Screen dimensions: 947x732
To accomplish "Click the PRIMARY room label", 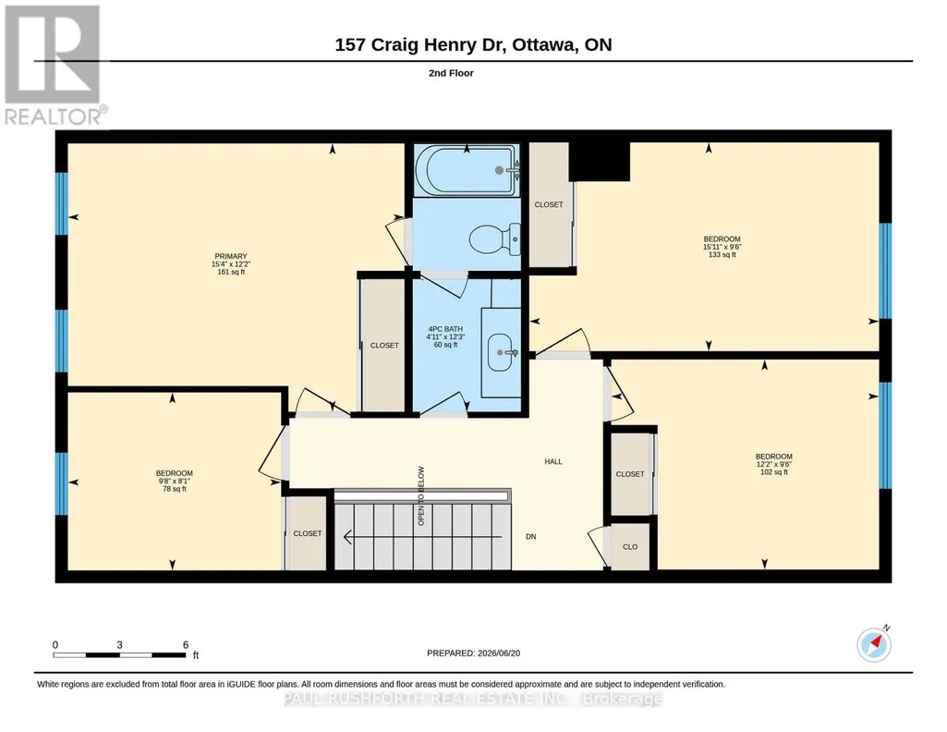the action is tap(231, 256).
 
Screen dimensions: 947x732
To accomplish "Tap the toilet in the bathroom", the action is tap(494, 239).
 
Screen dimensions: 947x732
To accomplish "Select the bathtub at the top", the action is tap(467, 170).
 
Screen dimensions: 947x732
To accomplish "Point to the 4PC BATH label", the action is tap(445, 329).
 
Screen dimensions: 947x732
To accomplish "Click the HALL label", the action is tap(553, 461).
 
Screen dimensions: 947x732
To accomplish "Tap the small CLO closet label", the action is tap(630, 546).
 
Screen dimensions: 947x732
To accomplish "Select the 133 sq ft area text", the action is tap(722, 255).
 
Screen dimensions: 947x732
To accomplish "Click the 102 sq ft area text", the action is tap(774, 472).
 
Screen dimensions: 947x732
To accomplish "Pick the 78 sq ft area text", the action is tap(175, 489).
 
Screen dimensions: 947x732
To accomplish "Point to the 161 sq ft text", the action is tap(231, 272).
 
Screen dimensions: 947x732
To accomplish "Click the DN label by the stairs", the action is tap(531, 536).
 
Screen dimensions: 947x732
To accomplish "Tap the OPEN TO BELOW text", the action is tap(421, 495).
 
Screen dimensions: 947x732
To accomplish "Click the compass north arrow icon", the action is tap(874, 644).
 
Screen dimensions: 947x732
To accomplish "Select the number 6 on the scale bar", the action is tap(186, 644).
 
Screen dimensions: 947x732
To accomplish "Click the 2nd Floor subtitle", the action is tap(451, 73).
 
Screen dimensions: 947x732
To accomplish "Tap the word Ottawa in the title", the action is tap(543, 44).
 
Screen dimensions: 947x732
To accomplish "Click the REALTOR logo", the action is tap(55, 66).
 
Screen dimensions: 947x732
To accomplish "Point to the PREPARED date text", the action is tap(473, 653).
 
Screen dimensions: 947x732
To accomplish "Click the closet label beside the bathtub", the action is tap(549, 205).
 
